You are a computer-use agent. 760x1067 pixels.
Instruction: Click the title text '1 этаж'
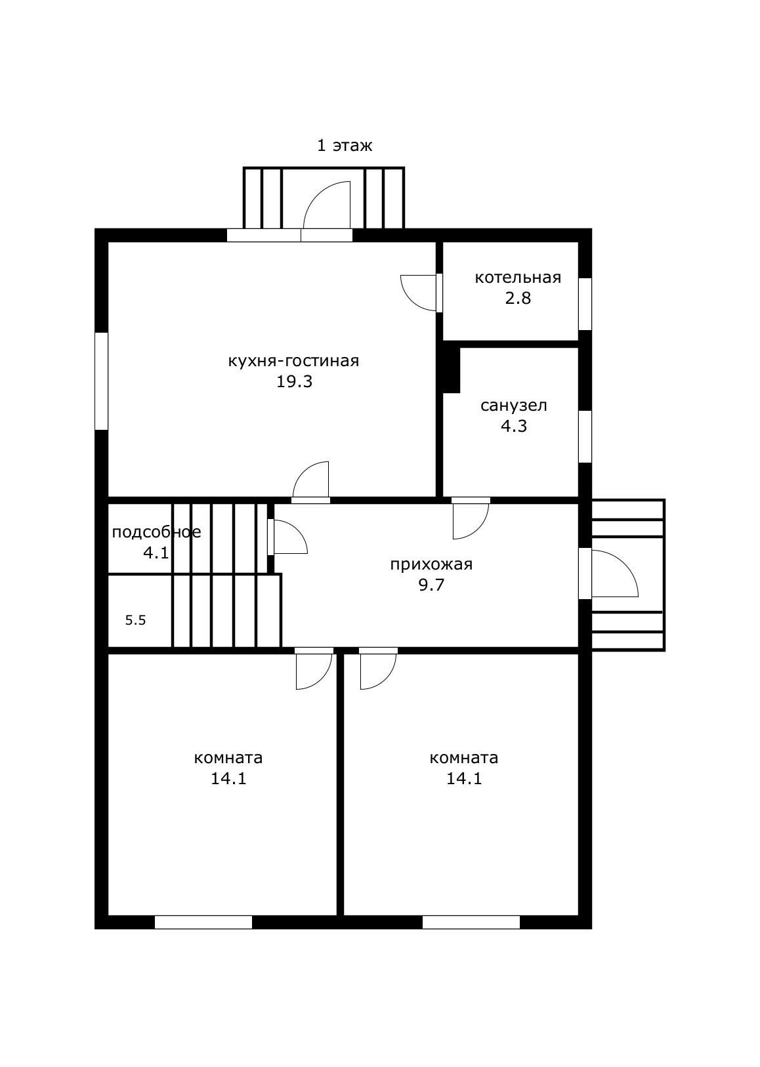pyautogui.click(x=345, y=145)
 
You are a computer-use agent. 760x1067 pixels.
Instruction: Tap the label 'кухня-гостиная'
pyautogui.click(x=293, y=361)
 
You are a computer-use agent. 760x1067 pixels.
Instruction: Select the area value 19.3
pyautogui.click(x=295, y=381)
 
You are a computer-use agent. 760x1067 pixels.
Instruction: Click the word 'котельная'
pyautogui.click(x=518, y=278)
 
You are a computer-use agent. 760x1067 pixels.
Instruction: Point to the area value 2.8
pyautogui.click(x=518, y=298)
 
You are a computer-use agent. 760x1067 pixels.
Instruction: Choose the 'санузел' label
pyautogui.click(x=514, y=406)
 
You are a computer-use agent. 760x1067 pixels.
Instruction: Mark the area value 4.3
pyautogui.click(x=514, y=426)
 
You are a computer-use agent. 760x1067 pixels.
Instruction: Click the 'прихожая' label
pyautogui.click(x=431, y=564)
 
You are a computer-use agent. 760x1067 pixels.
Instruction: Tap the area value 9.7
pyautogui.click(x=431, y=585)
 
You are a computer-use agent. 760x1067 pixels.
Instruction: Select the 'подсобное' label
pyautogui.click(x=156, y=532)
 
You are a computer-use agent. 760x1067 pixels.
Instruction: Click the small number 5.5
pyautogui.click(x=135, y=620)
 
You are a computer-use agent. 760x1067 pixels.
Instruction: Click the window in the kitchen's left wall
pyautogui.click(x=102, y=381)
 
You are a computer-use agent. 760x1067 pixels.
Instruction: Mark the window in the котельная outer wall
pyautogui.click(x=585, y=304)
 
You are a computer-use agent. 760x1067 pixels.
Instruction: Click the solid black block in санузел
pyautogui.click(x=452, y=370)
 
